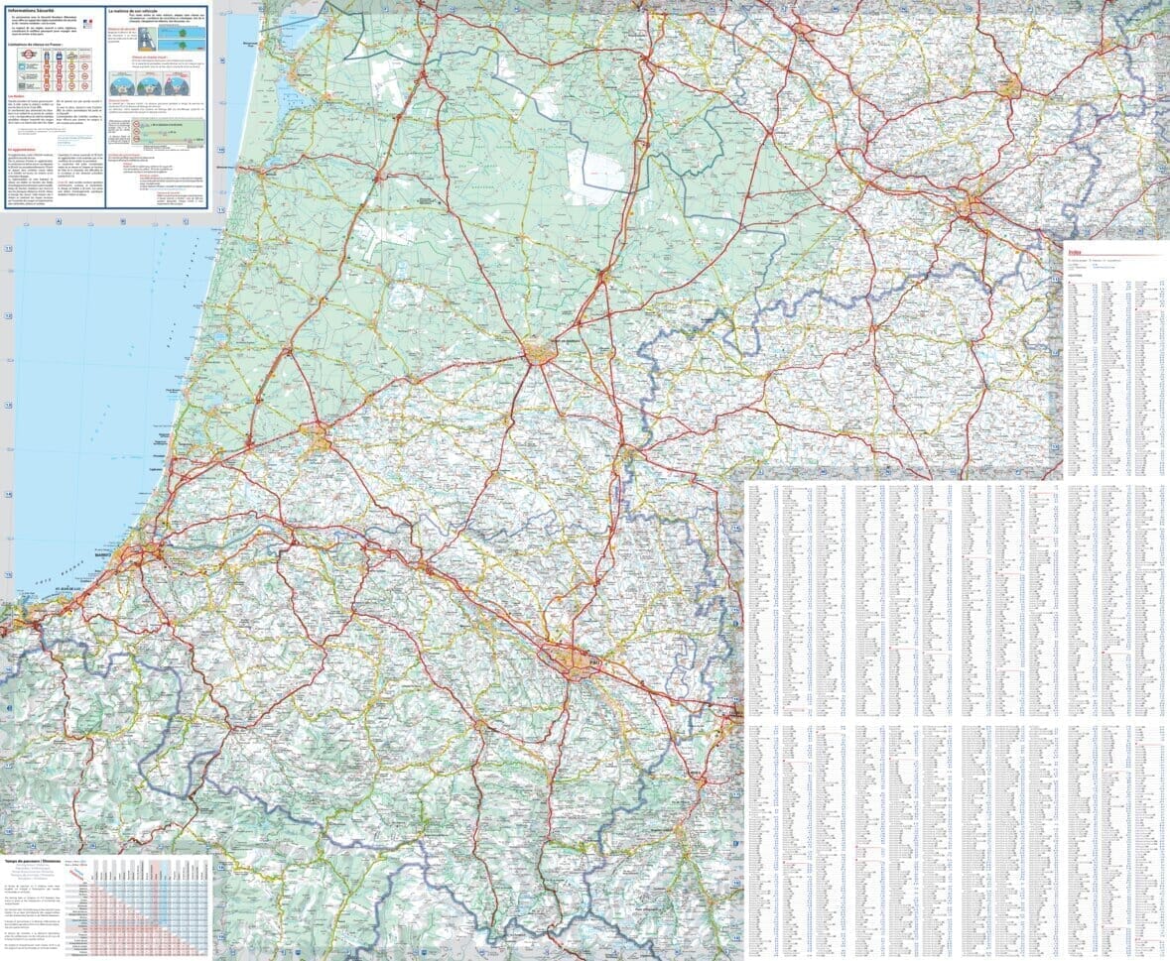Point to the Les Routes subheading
coord(17,97)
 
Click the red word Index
coord(1075,253)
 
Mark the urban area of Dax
coord(319,437)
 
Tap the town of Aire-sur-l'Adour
coord(626,453)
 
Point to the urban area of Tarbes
coord(735,711)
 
